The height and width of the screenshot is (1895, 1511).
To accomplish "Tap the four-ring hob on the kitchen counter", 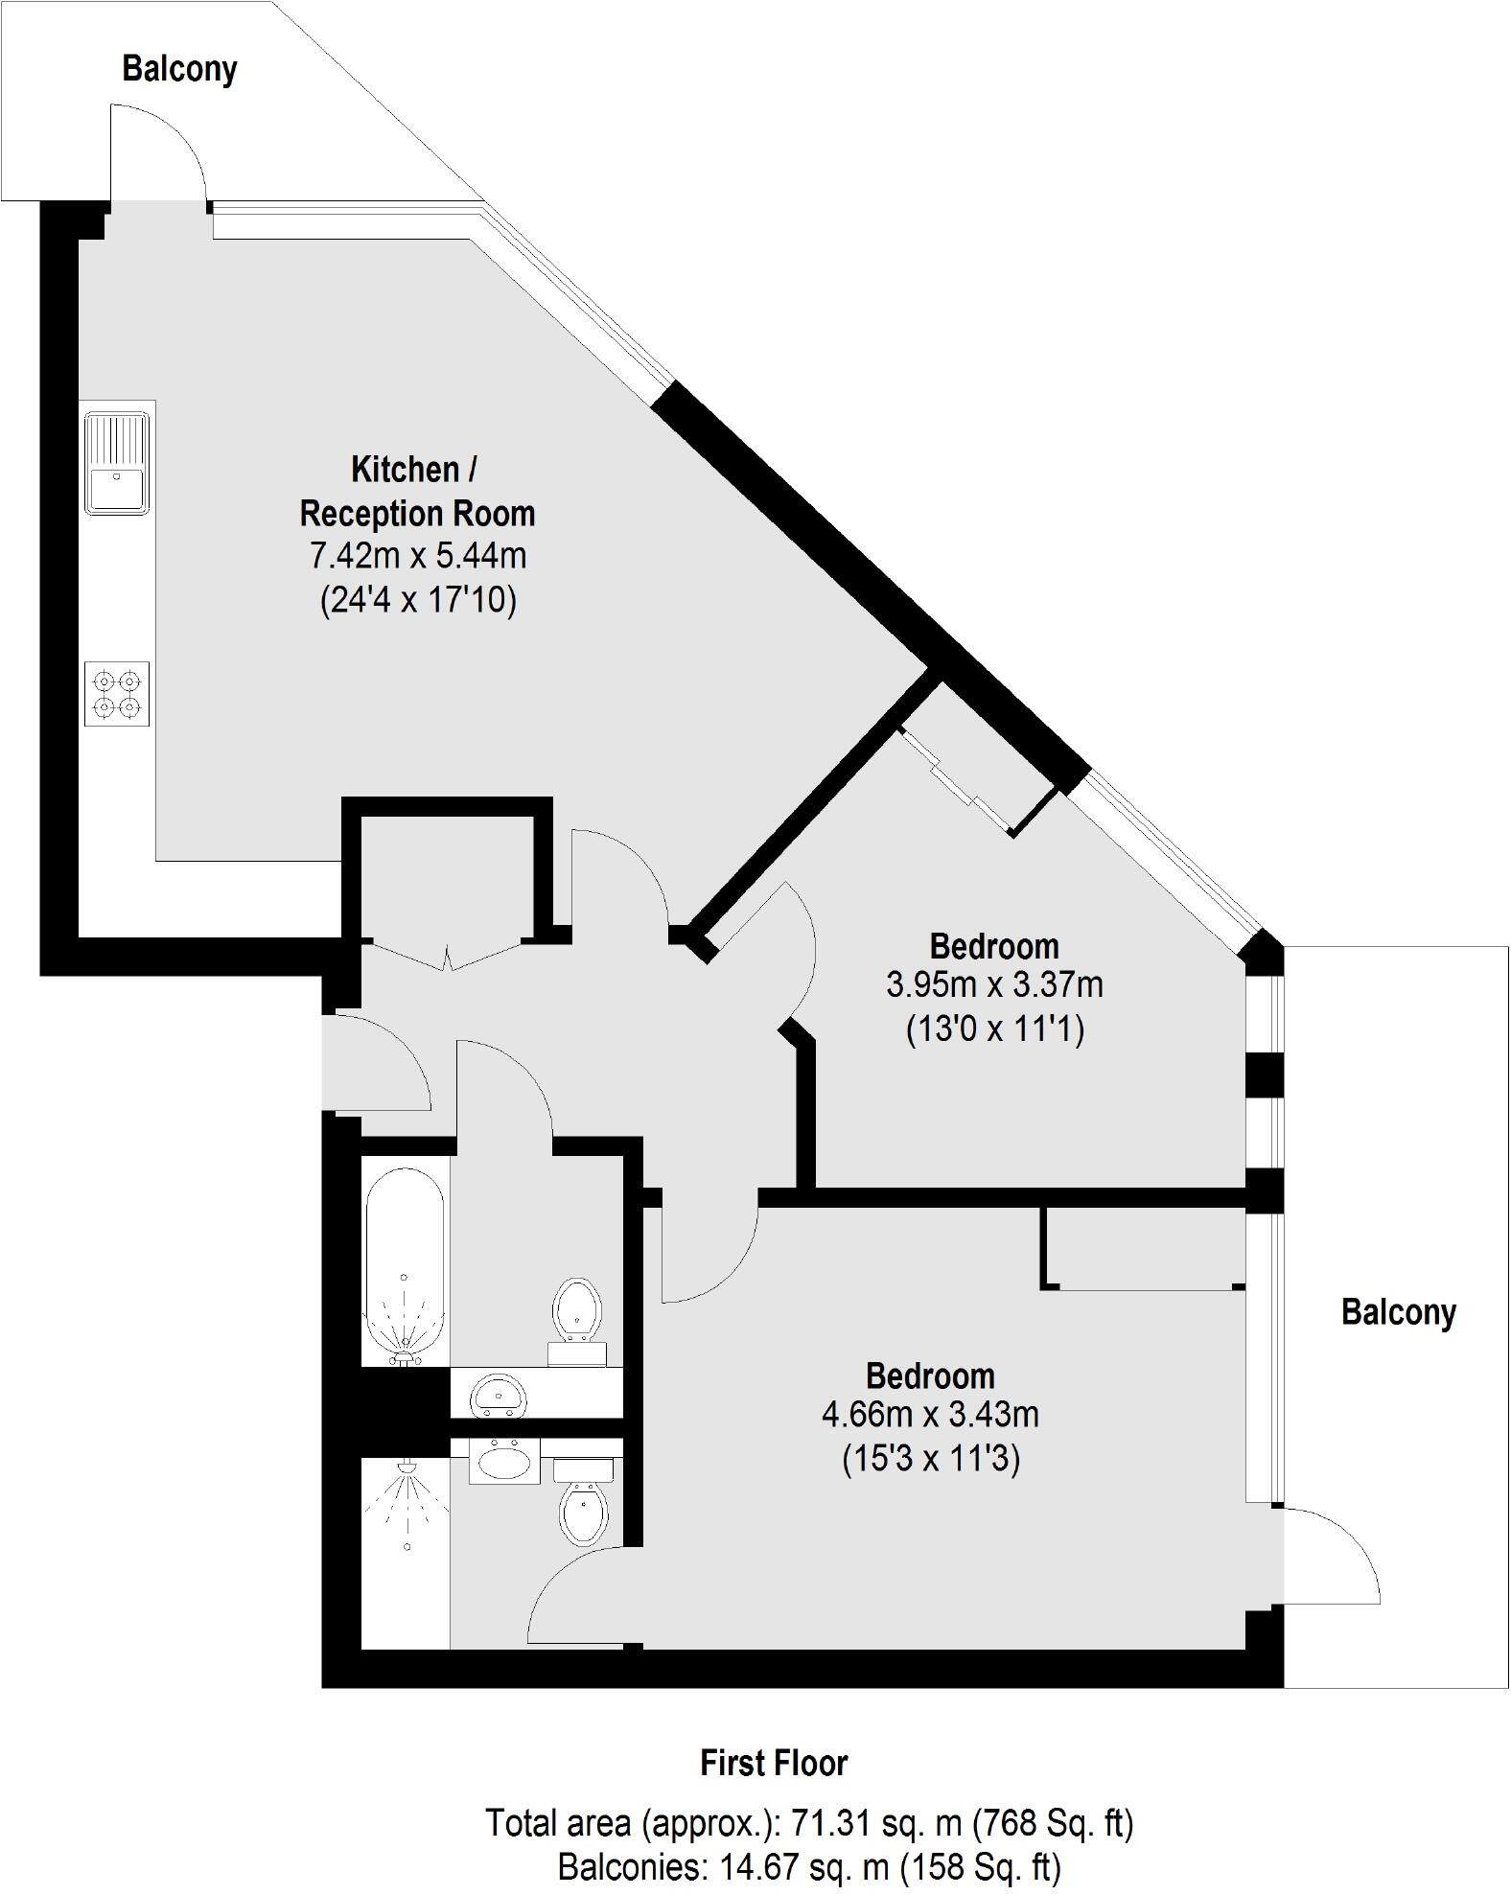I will point(117,695).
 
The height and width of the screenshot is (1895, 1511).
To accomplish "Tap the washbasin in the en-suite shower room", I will point(504,1462).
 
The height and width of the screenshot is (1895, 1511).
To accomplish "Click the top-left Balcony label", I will point(179,69).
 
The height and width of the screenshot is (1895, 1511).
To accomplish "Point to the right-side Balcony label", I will point(1398,1311).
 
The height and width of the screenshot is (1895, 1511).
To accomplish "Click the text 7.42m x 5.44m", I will point(417,556).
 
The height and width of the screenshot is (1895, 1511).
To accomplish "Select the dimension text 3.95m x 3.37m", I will point(994,984).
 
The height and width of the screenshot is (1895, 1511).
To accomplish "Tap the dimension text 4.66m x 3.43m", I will point(930,1414).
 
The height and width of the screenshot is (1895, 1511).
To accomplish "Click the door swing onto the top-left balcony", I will point(158,153).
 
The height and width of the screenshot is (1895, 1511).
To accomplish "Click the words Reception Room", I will point(417,514).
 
